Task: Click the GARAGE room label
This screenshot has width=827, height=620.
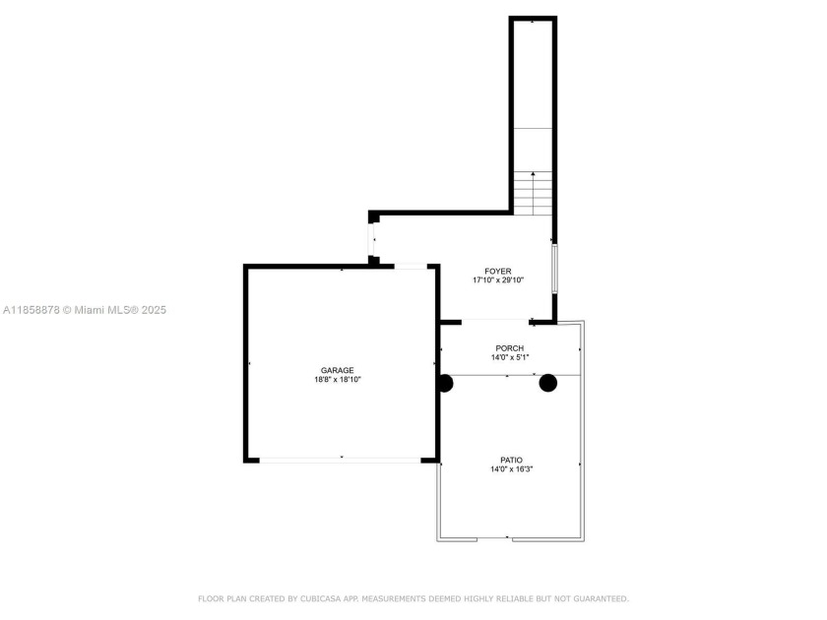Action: click(337, 370)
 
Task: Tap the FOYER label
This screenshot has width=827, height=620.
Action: click(497, 271)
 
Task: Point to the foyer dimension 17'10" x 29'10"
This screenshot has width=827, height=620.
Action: click(497, 280)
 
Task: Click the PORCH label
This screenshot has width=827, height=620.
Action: click(509, 348)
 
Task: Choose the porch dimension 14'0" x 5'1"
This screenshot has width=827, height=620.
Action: click(509, 358)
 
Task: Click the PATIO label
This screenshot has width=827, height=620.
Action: click(511, 460)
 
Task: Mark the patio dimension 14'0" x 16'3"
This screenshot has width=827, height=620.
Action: click(511, 469)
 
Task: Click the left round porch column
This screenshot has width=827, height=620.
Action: click(445, 383)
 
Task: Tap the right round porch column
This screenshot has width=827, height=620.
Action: click(547, 383)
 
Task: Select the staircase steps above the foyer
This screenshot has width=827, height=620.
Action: click(533, 194)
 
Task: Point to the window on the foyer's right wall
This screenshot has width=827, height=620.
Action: click(554, 268)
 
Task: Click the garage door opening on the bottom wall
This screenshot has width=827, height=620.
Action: click(341, 460)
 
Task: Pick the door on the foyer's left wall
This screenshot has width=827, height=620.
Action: click(373, 240)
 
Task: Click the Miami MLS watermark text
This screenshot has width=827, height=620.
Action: click(85, 310)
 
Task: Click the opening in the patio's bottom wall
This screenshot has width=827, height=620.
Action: click(509, 539)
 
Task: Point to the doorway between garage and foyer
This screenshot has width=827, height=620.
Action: click(411, 266)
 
